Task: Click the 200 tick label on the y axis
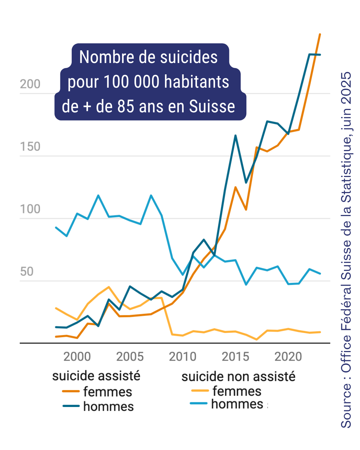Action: (x=30, y=84)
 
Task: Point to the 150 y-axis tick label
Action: (x=30, y=147)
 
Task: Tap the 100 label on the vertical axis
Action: (x=30, y=209)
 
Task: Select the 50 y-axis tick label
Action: (x=27, y=272)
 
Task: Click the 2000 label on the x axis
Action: (x=77, y=357)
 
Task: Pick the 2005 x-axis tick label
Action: (x=130, y=357)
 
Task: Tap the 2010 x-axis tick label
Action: (x=183, y=357)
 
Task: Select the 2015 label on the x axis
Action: (x=235, y=357)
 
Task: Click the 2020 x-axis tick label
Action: (x=288, y=357)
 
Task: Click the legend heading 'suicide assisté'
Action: (x=96, y=376)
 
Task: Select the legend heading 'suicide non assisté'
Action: (x=238, y=377)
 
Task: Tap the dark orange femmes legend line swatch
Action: (x=71, y=391)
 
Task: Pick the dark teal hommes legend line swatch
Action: (x=71, y=406)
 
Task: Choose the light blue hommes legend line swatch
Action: (x=199, y=404)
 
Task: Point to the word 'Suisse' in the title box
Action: (x=212, y=107)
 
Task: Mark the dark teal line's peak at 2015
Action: (x=235, y=136)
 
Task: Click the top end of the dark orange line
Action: (x=320, y=34)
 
